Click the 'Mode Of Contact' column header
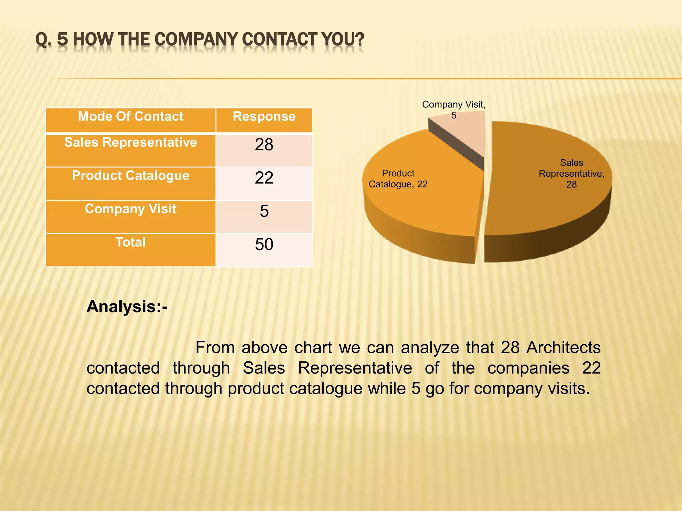click(131, 117)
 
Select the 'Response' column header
click(264, 117)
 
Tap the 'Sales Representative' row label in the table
click(131, 143)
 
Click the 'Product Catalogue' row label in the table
click(131, 176)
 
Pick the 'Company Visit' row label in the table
click(131, 209)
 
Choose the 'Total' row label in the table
click(131, 243)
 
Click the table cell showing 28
click(264, 145)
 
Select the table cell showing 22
click(264, 178)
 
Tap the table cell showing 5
click(264, 211)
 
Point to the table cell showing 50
click(264, 245)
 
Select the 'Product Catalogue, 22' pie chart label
click(398, 179)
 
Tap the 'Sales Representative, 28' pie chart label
click(571, 173)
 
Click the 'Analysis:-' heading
click(127, 306)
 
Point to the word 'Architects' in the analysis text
click(563, 348)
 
